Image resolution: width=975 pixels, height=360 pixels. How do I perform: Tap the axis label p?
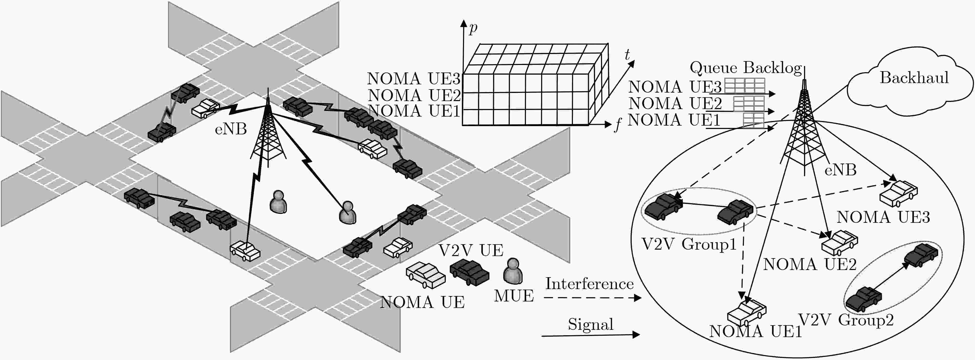point(473,28)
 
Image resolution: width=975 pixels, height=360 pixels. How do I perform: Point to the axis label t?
point(627,55)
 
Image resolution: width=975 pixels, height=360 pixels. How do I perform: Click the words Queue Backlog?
point(745,68)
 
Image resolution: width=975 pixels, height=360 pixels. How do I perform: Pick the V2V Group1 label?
point(689,244)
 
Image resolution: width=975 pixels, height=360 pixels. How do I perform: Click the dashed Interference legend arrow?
point(592,298)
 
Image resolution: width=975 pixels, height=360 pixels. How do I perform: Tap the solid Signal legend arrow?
point(590,335)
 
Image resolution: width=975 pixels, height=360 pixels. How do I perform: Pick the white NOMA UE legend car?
point(425,275)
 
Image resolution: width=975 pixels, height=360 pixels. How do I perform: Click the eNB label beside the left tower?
point(231,129)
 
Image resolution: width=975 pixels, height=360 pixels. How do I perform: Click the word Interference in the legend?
point(589,284)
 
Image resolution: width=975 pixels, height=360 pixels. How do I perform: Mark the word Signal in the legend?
point(590,324)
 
